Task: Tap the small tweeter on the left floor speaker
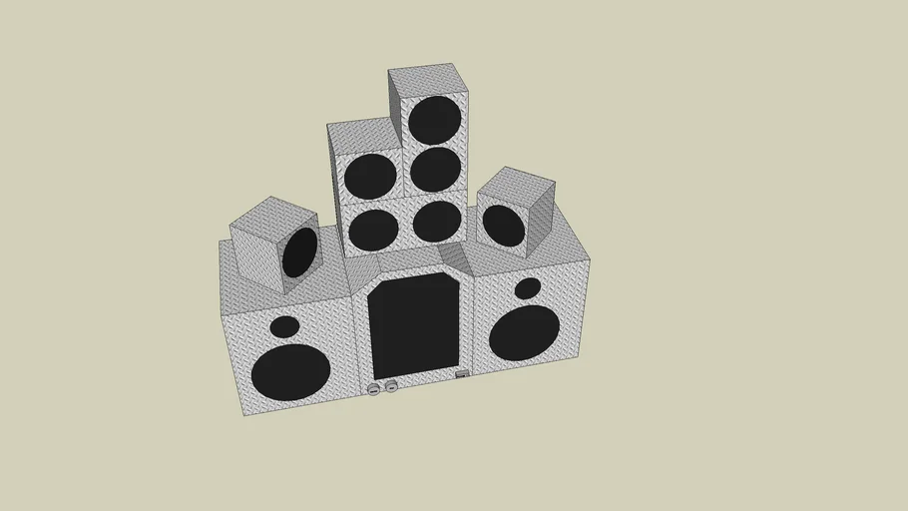[284, 326]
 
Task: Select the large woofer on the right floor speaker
[524, 332]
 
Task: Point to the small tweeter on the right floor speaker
[527, 288]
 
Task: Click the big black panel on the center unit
[414, 324]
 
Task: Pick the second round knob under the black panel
[391, 386]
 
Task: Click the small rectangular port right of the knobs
[462, 376]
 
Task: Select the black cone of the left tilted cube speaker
[299, 253]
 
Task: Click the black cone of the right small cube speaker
[504, 226]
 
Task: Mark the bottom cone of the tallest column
[436, 221]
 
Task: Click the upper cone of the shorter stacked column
[370, 177]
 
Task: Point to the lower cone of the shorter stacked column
[374, 229]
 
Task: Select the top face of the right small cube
[515, 184]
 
